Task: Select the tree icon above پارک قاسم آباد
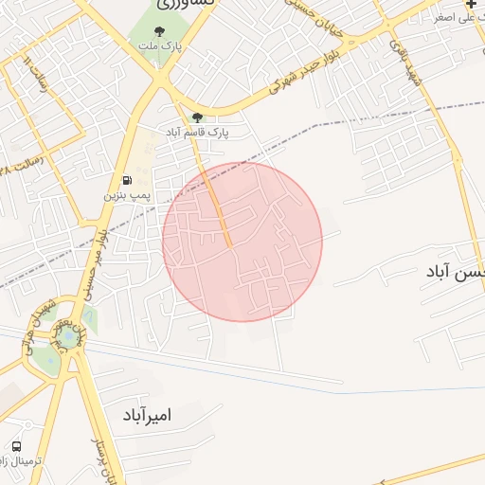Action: [198, 117]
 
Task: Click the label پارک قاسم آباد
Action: [199, 131]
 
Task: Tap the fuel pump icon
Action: [126, 181]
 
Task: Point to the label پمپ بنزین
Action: [126, 195]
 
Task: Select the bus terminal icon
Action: [17, 446]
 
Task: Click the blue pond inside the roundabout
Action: [67, 336]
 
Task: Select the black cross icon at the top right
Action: [472, 5]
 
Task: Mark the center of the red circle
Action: [242, 242]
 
